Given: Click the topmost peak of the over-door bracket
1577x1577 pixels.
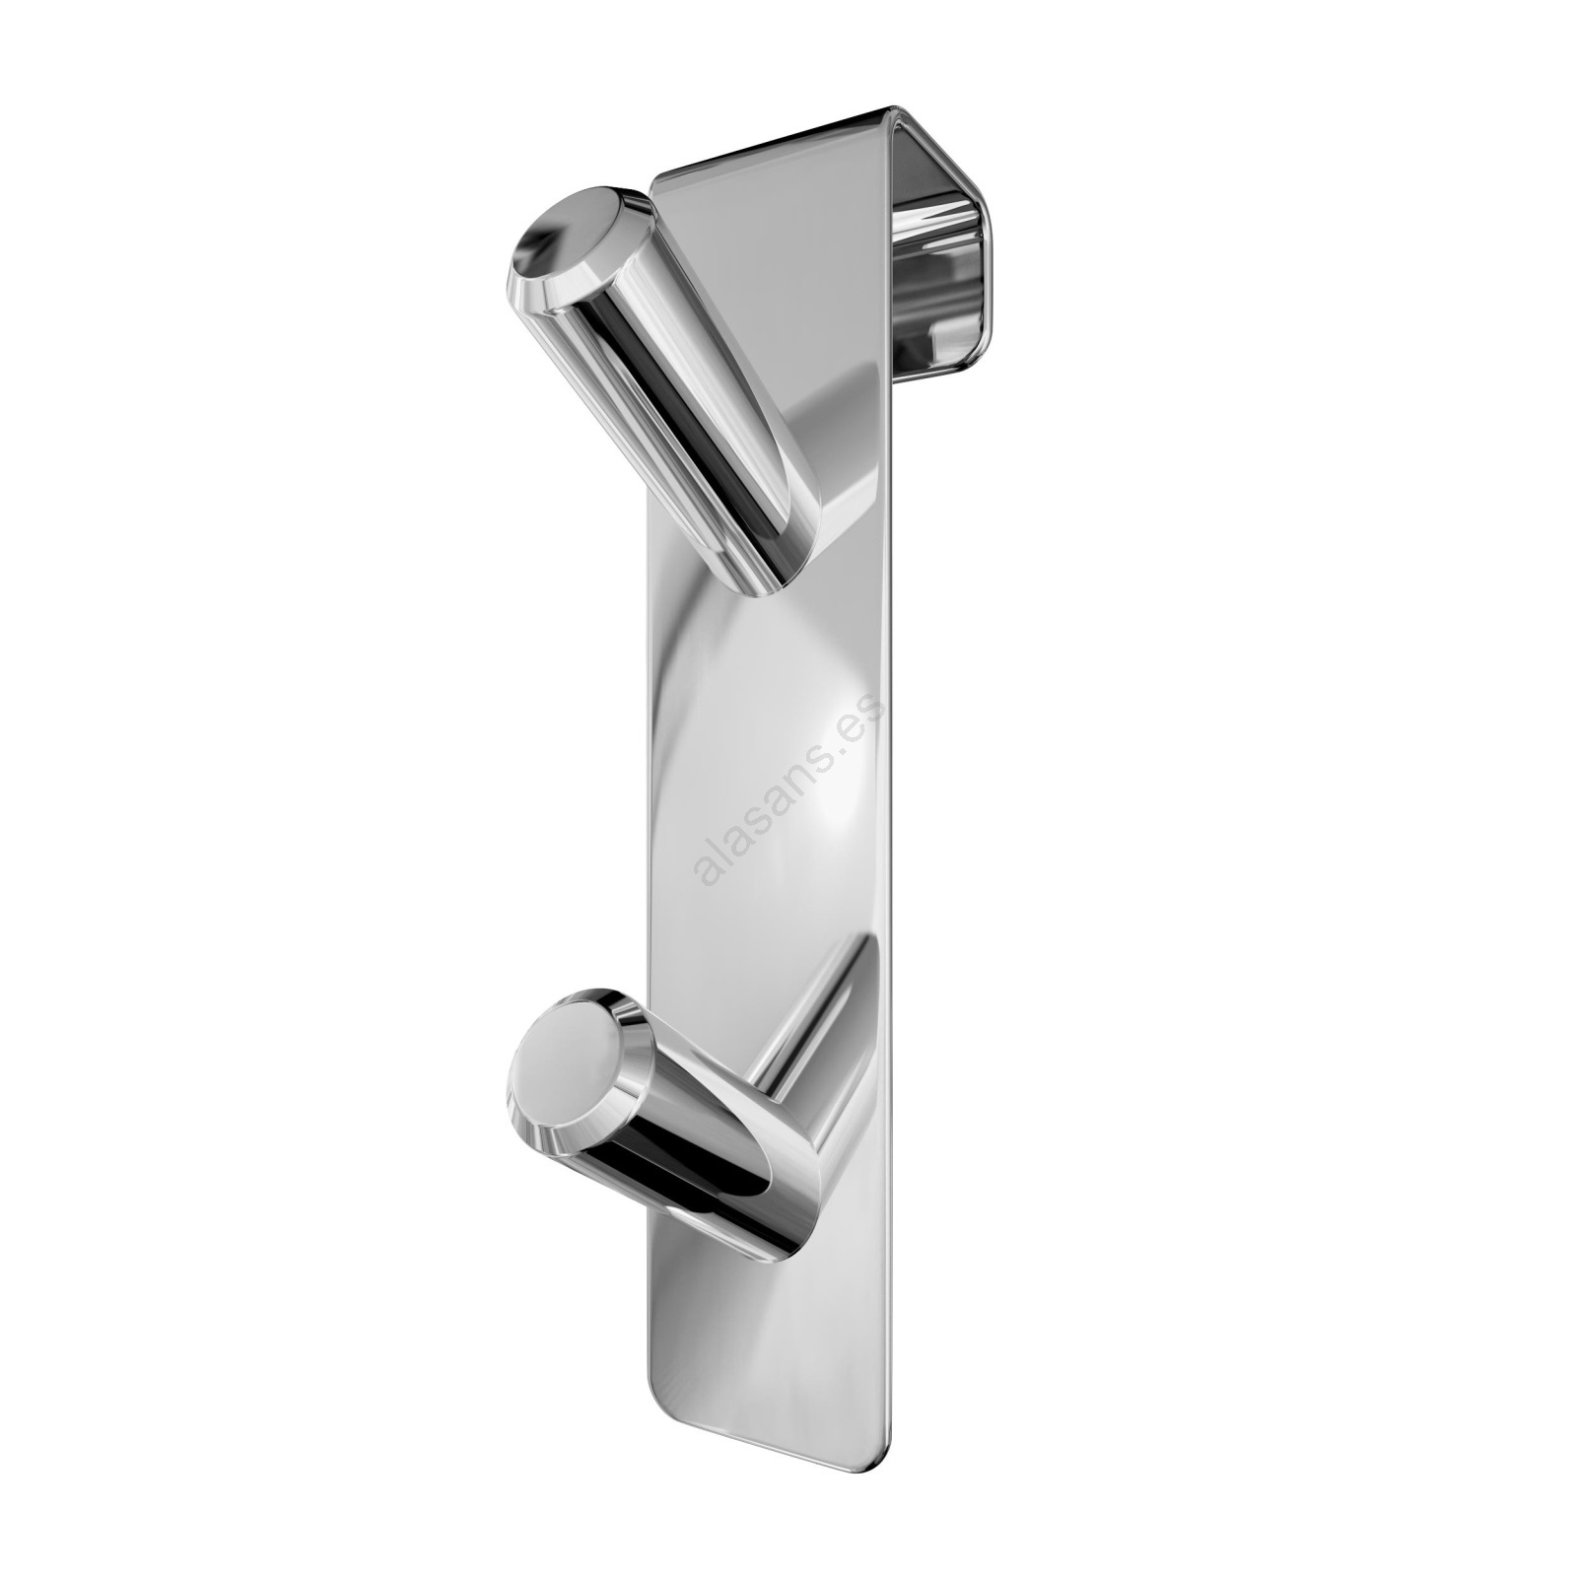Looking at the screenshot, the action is [x=897, y=105].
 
